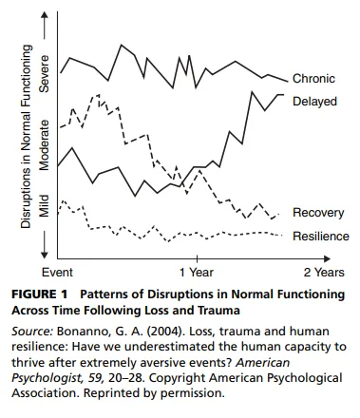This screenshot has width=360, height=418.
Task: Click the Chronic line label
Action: pos(314,79)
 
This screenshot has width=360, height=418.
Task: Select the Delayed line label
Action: pos(315,101)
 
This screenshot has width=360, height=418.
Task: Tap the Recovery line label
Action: pos(318,213)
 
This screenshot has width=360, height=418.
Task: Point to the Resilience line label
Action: pos(320,236)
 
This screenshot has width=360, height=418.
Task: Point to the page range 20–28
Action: pos(142,379)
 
